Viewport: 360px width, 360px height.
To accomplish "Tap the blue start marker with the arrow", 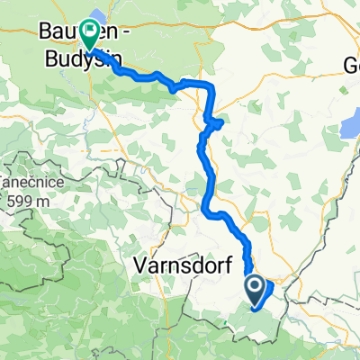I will click(255, 287).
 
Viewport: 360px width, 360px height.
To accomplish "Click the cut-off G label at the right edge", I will click(352, 66).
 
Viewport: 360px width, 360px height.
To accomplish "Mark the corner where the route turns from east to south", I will click(213, 85).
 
